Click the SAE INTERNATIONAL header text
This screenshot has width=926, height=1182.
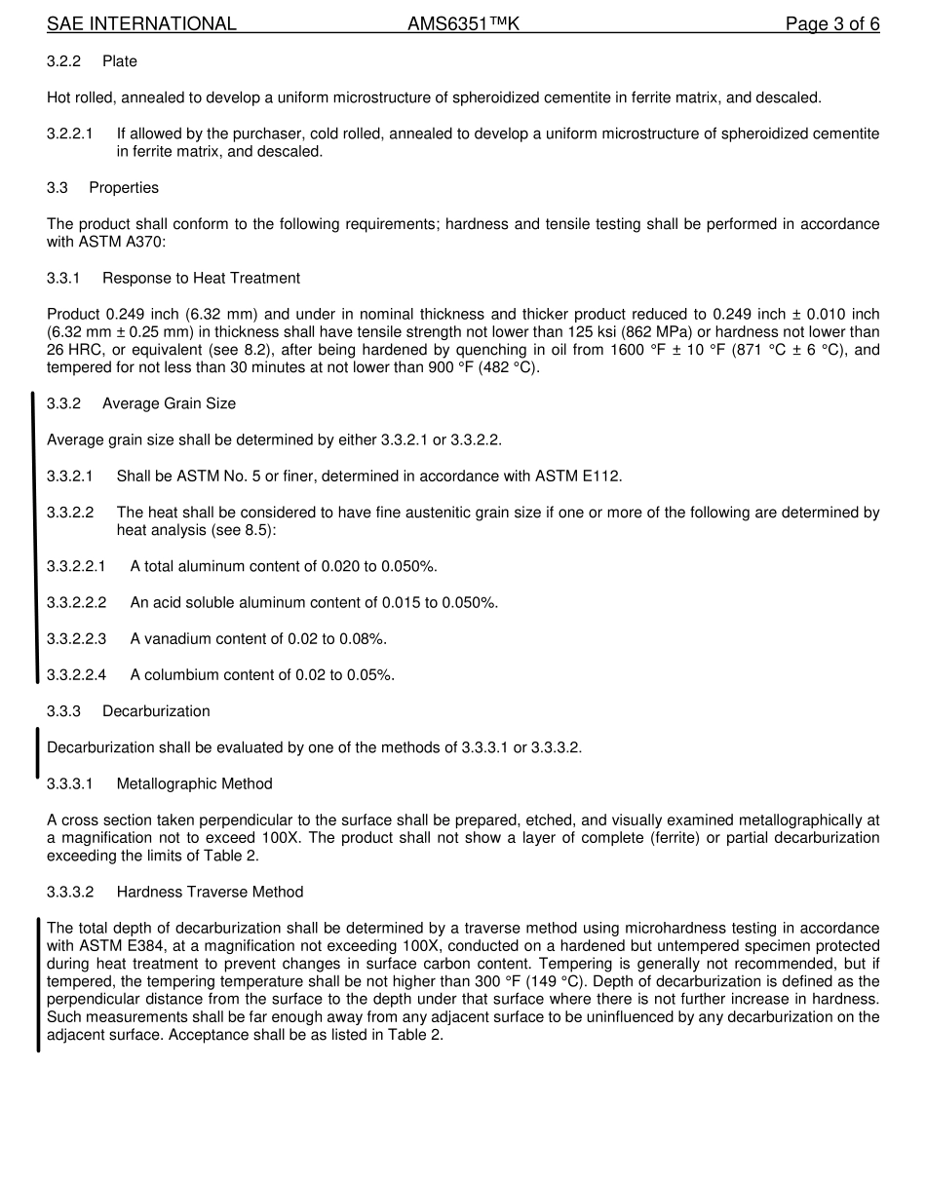click(x=141, y=24)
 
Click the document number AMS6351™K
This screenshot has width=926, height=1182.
click(x=463, y=24)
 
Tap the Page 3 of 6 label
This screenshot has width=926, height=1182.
click(x=832, y=24)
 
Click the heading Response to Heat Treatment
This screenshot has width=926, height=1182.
click(x=201, y=279)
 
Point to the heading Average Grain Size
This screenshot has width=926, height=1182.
click(x=169, y=403)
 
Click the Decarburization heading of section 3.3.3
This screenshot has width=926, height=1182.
click(x=156, y=711)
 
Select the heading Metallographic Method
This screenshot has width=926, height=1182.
click(x=194, y=784)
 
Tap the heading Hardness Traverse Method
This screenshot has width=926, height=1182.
click(x=210, y=893)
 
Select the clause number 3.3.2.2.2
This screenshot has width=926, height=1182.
click(x=77, y=603)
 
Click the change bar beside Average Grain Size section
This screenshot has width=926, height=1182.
click(x=35, y=536)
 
